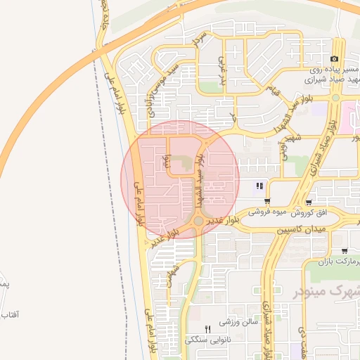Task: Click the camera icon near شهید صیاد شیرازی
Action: (334, 58)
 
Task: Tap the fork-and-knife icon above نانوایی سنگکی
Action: (207, 329)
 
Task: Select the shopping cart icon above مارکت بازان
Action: (345, 251)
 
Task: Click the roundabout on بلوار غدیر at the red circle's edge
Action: (199, 221)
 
